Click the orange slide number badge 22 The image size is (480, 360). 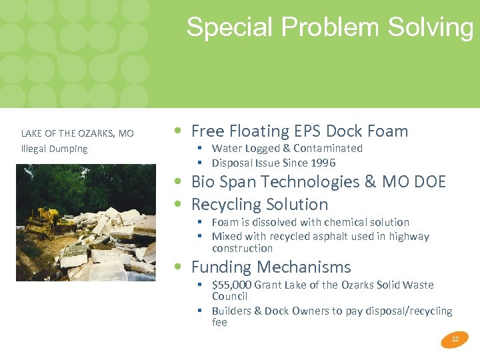[455, 339]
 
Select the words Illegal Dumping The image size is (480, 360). [54, 149]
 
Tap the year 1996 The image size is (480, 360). [322, 163]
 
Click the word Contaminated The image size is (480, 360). [328, 148]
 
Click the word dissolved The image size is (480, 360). [280, 222]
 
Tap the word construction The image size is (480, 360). [242, 248]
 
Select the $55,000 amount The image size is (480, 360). [232, 285]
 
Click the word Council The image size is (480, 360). [229, 296]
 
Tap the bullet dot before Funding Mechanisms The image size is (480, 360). [177, 267]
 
